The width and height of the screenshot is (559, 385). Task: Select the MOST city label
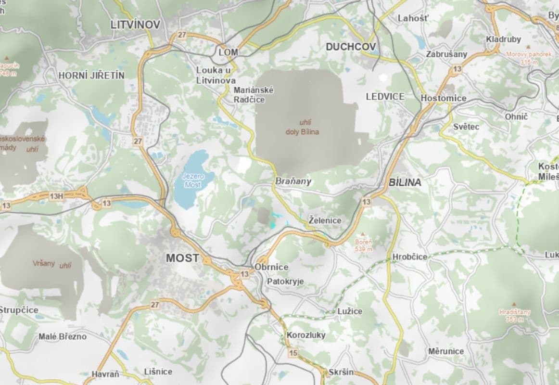pyautogui.click(x=182, y=258)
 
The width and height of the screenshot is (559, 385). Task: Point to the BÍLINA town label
pyautogui.click(x=405, y=182)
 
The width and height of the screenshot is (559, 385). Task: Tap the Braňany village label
pyautogui.click(x=293, y=181)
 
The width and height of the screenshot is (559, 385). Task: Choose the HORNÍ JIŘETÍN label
pyautogui.click(x=91, y=76)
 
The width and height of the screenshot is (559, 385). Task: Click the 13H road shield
pyautogui.click(x=56, y=196)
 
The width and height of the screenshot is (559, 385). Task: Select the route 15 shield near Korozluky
pyautogui.click(x=293, y=354)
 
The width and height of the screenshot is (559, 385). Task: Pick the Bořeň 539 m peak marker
pyautogui.click(x=363, y=234)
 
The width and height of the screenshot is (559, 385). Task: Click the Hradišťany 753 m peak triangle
pyautogui.click(x=514, y=304)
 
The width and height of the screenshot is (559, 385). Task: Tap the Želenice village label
pyautogui.click(x=325, y=220)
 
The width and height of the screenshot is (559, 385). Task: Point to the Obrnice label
pyautogui.click(x=272, y=267)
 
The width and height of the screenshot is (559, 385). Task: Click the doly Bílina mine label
pyautogui.click(x=303, y=131)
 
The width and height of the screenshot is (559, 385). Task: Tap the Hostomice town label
pyautogui.click(x=443, y=98)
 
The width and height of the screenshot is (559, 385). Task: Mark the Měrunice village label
pyautogui.click(x=446, y=351)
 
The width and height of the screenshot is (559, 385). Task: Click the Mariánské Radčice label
pyautogui.click(x=254, y=94)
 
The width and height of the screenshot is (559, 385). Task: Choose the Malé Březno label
pyautogui.click(x=63, y=336)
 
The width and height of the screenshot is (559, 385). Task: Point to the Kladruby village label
pyautogui.click(x=503, y=39)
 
